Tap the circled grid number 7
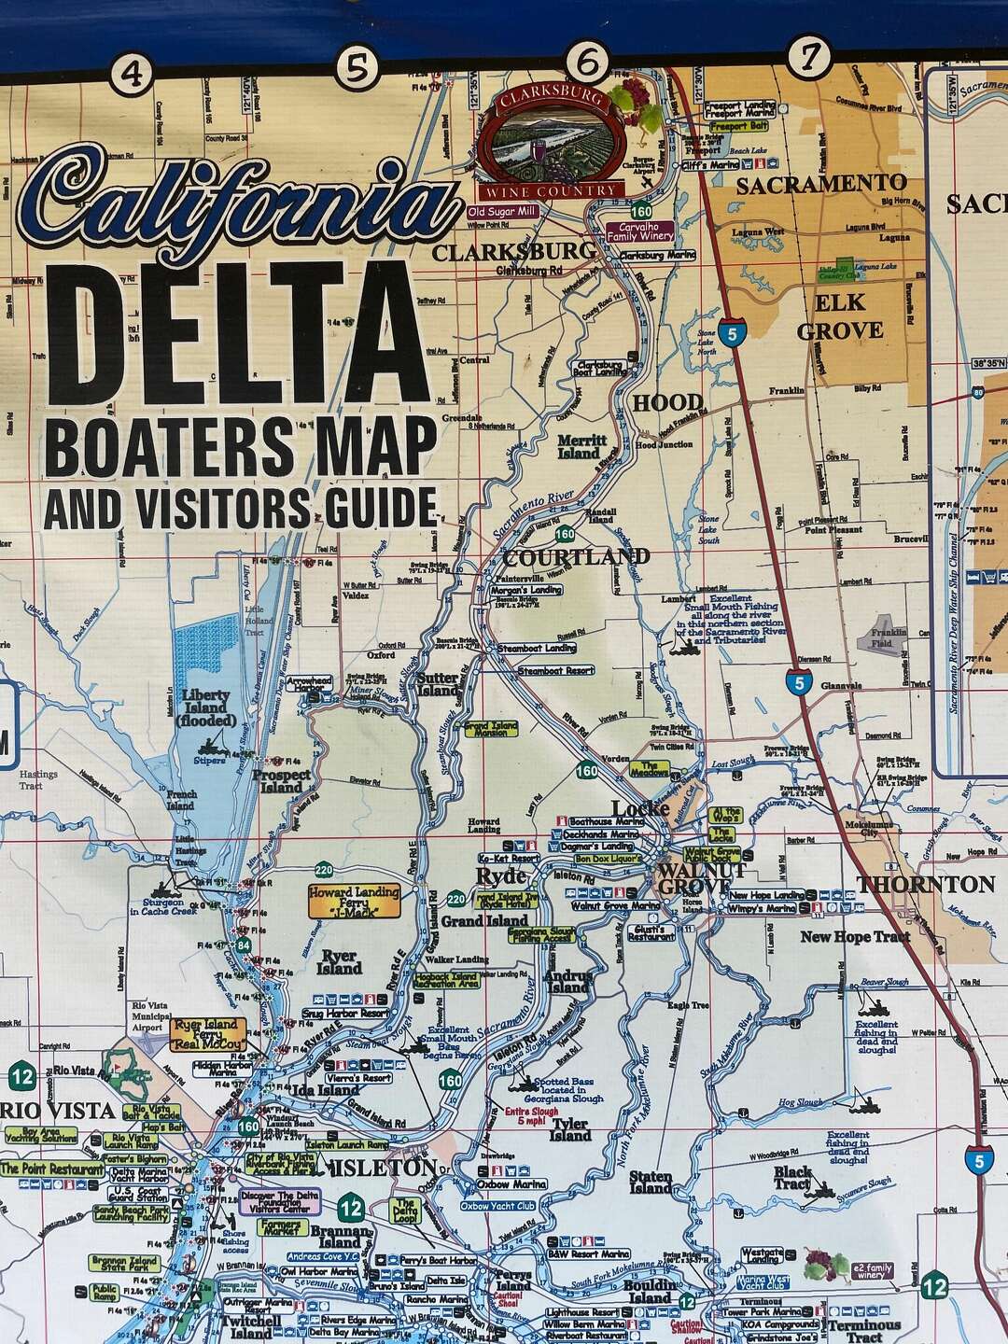[x=808, y=57]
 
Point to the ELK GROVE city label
[x=839, y=316]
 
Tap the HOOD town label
[x=668, y=403]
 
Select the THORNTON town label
[x=926, y=884]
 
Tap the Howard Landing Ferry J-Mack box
[x=354, y=898]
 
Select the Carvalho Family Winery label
[x=639, y=231]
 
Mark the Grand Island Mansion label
[x=491, y=728]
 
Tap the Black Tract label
[x=792, y=1178]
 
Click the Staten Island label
[x=651, y=1182]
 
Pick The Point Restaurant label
[x=52, y=1169]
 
